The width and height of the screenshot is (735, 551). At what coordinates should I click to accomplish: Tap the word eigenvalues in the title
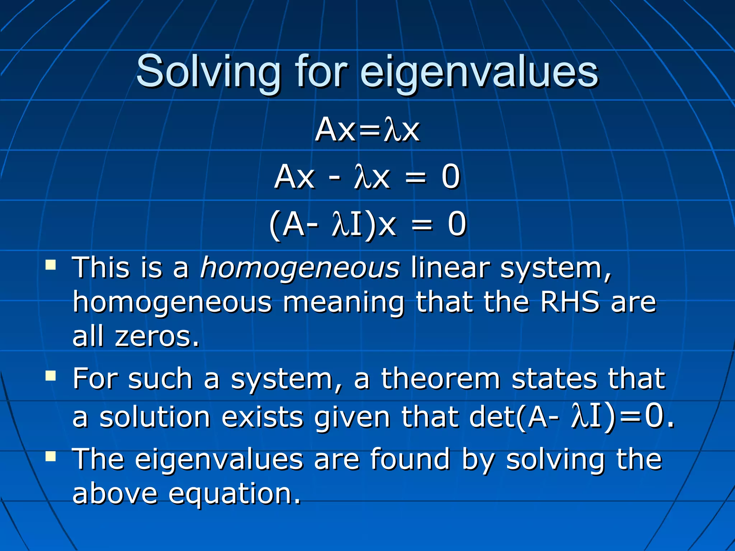tap(479, 72)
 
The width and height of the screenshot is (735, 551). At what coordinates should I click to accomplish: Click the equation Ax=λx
tap(367, 129)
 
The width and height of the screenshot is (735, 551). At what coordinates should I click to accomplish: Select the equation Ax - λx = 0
tap(367, 176)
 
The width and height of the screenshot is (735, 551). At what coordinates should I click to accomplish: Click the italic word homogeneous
tap(300, 268)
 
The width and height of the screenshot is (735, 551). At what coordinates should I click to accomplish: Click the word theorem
tap(441, 379)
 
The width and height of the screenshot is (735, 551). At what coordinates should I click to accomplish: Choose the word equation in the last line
tap(234, 494)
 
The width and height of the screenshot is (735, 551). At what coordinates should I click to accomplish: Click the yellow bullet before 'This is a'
tap(51, 265)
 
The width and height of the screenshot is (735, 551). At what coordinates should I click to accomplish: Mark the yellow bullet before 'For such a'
tap(51, 376)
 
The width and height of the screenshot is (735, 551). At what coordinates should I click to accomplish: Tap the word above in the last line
tap(115, 494)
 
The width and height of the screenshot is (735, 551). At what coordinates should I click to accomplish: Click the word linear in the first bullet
tap(450, 268)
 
